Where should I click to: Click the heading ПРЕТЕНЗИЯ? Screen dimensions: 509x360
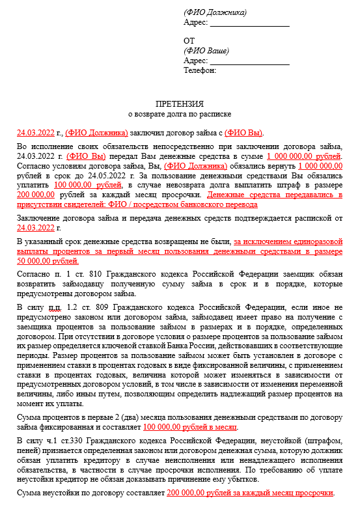coord(180,103)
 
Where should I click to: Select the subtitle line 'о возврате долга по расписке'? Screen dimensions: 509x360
coord(180,114)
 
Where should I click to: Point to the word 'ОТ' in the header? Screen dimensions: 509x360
coord(189,40)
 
